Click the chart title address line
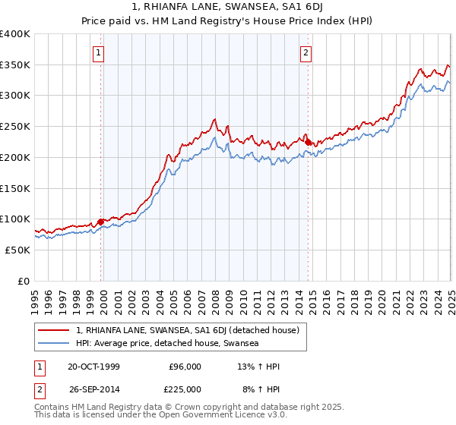[x=228, y=8]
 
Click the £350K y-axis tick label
[x=15, y=65]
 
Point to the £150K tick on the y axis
[x=15, y=188]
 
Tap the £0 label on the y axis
[x=24, y=281]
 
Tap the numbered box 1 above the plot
[x=100, y=53]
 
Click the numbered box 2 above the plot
[x=306, y=53]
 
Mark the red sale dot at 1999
[x=101, y=222]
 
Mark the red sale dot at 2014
[x=309, y=142]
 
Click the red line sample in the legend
[x=54, y=330]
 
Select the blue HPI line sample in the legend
[x=54, y=343]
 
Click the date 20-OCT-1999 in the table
[x=93, y=367]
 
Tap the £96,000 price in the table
[x=185, y=367]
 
